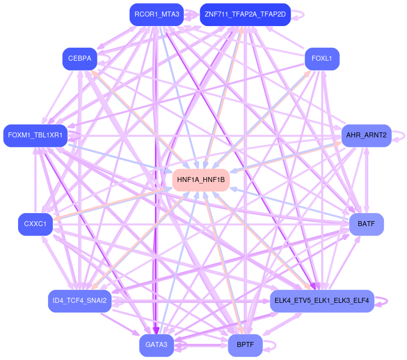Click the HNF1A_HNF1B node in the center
[201, 179]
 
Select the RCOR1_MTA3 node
[157, 14]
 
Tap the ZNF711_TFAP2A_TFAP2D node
[245, 14]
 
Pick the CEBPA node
[79, 59]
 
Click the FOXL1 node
[322, 59]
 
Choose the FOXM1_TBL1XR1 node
[35, 135]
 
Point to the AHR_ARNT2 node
[366, 135]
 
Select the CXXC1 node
[35, 224]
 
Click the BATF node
[366, 224]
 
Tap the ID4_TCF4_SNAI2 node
[79, 301]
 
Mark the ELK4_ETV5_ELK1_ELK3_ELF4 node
[322, 301]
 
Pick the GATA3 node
[157, 345]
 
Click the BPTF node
[245, 345]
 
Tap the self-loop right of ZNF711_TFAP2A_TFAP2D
[300, 14]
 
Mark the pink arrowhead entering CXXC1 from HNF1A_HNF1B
[57, 218]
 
